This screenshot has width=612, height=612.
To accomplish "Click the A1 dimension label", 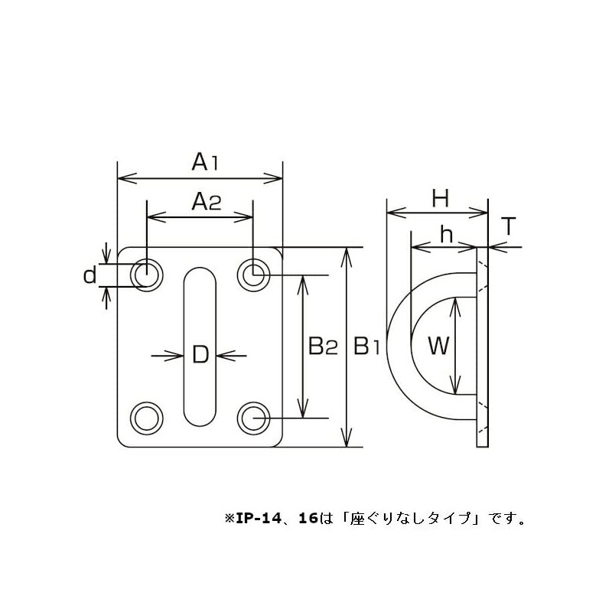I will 205,162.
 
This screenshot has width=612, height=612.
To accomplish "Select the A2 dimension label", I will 205,202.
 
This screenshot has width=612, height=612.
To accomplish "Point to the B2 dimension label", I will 323,347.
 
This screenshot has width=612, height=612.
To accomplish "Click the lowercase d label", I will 90,275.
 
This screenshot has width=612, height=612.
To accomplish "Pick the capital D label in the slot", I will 200,354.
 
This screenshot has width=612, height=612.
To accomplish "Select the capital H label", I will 438,200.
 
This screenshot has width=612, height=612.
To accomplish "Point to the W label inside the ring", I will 437,347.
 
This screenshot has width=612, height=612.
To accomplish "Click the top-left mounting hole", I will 146,273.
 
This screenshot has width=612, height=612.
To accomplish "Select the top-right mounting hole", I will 252,273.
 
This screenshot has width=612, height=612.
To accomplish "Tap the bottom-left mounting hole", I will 146,418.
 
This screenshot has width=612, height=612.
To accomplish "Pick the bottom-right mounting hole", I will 252,418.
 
